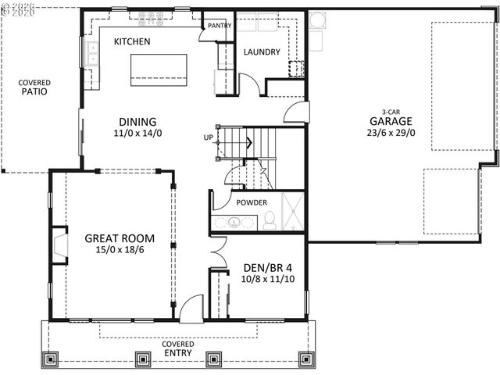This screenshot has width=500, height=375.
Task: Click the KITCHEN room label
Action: coord(132,41)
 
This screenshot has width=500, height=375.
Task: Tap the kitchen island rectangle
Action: coord(159,69)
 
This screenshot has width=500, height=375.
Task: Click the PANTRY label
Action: coord(215,26)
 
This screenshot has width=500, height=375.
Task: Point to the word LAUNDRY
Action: coord(262,52)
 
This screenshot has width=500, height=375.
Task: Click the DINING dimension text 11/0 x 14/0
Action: coord(137,134)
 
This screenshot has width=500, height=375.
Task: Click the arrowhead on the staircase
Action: coord(248,142)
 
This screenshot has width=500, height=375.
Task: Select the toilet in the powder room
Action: coord(270,220)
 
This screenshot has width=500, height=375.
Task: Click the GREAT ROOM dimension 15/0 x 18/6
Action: coord(119,251)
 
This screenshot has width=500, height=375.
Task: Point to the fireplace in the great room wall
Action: coord(59,244)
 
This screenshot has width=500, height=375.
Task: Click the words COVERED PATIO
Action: coord(34,87)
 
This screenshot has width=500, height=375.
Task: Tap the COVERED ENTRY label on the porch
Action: coord(178,349)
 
